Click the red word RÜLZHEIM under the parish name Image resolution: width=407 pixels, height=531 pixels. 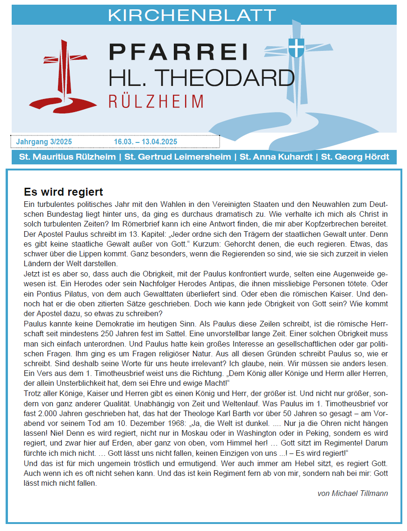coord(156,101)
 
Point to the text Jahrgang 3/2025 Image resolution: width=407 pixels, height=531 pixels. coord(44,142)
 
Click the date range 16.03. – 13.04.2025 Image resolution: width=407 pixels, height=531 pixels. coord(145,142)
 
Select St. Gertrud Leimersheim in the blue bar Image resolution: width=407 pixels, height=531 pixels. coord(178,157)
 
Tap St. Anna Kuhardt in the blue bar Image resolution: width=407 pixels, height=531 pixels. coord(276,157)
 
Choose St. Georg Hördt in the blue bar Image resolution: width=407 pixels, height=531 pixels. coord(355,157)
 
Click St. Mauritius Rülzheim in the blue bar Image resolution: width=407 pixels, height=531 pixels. coord(67,157)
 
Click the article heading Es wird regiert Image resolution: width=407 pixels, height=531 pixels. coord(63,192)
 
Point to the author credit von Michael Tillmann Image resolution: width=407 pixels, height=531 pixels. coord(352,493)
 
